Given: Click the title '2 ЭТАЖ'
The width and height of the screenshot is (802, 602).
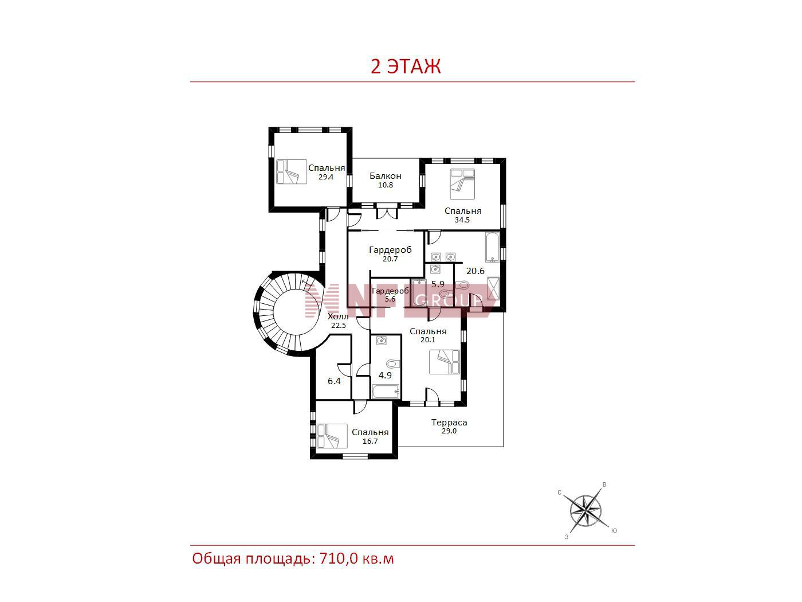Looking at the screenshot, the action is [406, 67].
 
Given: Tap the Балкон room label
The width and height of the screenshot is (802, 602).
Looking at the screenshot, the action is [386, 176].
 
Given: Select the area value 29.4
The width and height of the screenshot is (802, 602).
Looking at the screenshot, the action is [326, 177].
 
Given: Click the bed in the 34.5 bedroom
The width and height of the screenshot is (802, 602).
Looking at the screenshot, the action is [462, 184].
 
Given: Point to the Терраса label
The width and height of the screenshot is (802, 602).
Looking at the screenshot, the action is [449, 423].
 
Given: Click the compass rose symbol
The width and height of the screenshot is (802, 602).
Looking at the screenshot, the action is [585, 510].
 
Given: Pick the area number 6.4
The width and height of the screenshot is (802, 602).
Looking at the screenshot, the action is [334, 381].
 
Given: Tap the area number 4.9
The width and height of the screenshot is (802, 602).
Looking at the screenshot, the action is [385, 376].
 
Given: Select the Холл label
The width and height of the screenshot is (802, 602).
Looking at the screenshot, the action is [338, 316].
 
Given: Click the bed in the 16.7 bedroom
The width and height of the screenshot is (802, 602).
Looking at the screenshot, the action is [332, 436].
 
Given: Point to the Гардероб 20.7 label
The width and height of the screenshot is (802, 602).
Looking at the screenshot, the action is [390, 253].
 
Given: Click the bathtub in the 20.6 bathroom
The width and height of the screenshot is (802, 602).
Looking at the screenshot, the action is [492, 247].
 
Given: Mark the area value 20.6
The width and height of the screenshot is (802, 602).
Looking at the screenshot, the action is [475, 271].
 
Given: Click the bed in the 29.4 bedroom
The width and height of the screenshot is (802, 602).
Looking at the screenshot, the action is [292, 171].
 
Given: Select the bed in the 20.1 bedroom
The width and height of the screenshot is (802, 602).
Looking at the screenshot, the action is [445, 362].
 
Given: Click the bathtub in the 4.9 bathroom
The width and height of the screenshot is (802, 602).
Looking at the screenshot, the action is [386, 391].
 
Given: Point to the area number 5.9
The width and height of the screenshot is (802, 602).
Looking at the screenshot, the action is [438, 284].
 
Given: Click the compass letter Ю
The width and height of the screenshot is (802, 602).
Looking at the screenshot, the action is [614, 531].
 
